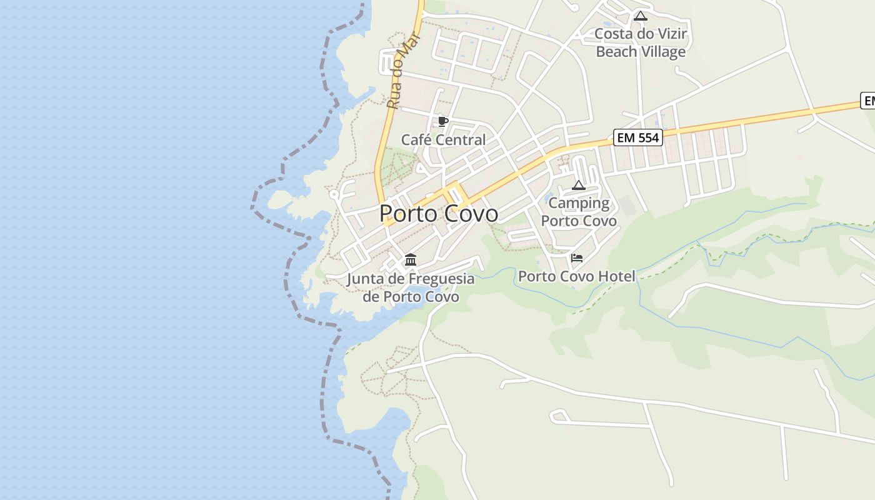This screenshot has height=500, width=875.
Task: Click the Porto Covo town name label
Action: click(x=439, y=214)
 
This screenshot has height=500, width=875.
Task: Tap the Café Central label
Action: click(x=443, y=140)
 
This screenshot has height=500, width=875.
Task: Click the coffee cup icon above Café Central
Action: click(x=443, y=121)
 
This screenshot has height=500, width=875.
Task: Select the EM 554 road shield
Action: click(x=637, y=137)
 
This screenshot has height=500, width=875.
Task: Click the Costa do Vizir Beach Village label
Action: click(x=641, y=42)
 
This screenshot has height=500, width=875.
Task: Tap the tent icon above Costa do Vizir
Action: click(x=640, y=16)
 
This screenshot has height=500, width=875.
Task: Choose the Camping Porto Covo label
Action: click(x=579, y=212)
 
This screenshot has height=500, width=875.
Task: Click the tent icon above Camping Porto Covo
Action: click(x=579, y=185)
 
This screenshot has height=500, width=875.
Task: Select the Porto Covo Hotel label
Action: click(x=576, y=276)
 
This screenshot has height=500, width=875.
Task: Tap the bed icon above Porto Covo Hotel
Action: click(x=577, y=257)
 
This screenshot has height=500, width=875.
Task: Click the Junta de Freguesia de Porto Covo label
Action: click(x=411, y=287)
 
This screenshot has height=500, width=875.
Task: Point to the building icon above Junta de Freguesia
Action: click(x=411, y=259)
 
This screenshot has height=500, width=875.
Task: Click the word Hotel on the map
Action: click(x=616, y=276)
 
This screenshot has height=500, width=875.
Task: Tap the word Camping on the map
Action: click(x=579, y=203)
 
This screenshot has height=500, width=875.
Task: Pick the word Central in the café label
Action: click(x=462, y=140)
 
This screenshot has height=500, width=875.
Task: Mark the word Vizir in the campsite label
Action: click(x=671, y=34)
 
